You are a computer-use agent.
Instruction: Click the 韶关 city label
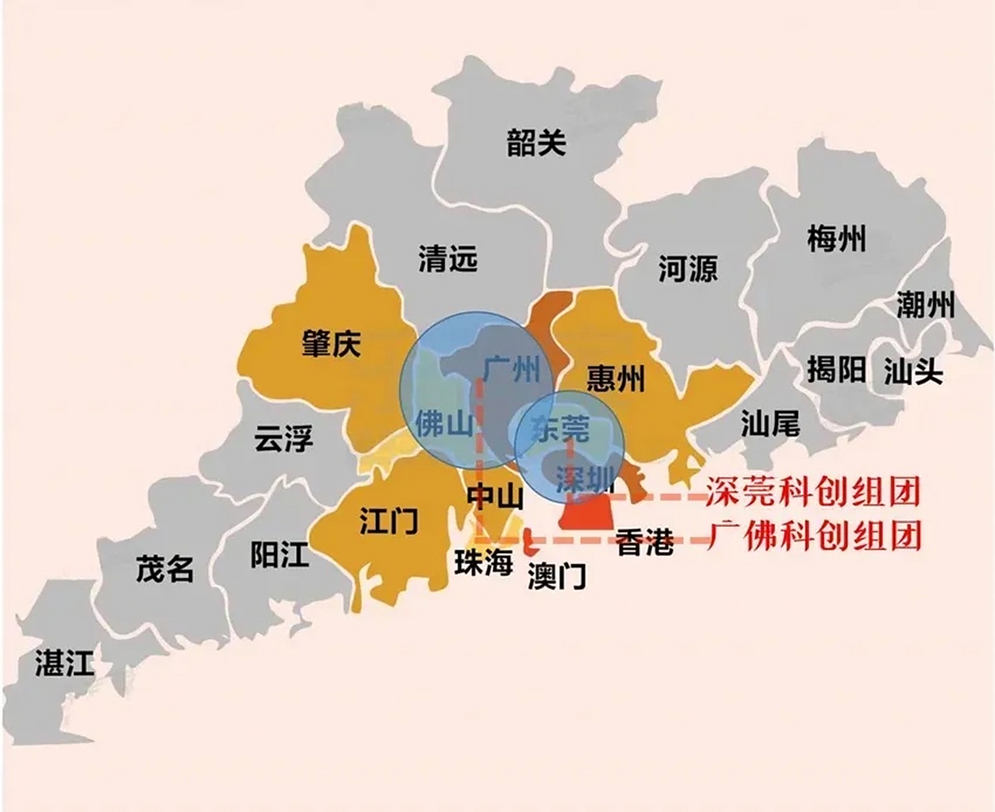tap(536, 143)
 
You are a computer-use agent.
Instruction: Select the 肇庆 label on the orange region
tap(331, 344)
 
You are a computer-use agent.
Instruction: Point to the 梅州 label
tap(836, 239)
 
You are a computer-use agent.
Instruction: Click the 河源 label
tap(687, 268)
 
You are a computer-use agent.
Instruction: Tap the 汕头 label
tap(913, 370)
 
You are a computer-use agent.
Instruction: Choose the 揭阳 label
tap(836, 369)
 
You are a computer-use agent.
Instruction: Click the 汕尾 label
tap(770, 422)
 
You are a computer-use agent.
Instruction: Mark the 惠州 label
tap(615, 378)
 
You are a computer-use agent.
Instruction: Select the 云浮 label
tap(284, 438)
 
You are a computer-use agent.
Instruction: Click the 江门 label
tap(388, 520)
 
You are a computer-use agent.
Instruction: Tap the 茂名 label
tap(164, 568)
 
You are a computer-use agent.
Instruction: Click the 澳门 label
tap(557, 576)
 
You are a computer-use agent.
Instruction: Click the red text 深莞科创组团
tap(814, 492)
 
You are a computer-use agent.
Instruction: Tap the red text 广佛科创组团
tap(814, 536)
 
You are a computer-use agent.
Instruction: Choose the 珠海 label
tap(484, 562)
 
